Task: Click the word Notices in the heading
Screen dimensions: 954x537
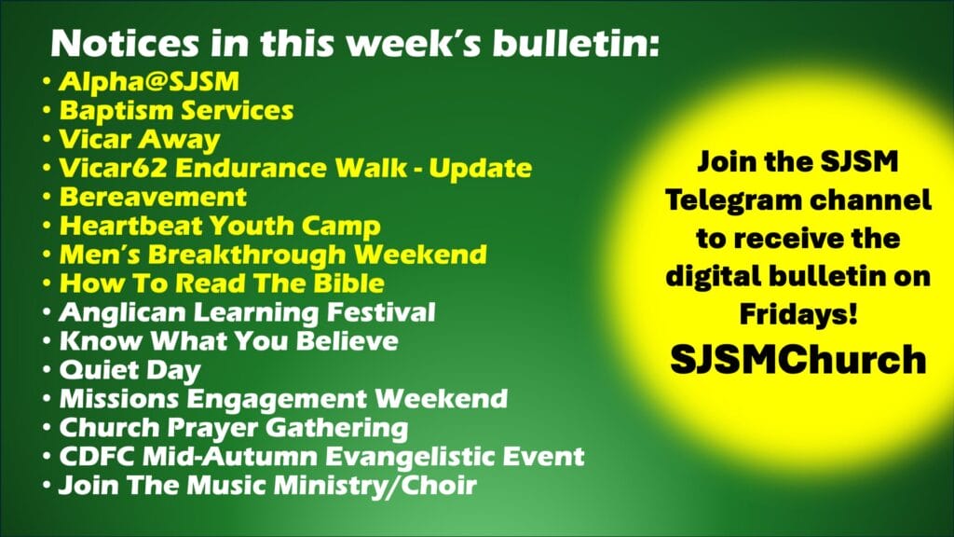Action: pos(125,44)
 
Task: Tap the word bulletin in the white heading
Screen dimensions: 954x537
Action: pos(575,44)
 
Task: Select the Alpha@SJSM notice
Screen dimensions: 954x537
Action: pos(149,82)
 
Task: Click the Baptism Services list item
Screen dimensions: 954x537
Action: pos(176,111)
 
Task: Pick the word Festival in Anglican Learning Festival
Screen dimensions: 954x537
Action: pos(381,312)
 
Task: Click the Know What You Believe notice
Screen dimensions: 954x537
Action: pos(229,341)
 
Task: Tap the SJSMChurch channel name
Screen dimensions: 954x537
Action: pos(798,360)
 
